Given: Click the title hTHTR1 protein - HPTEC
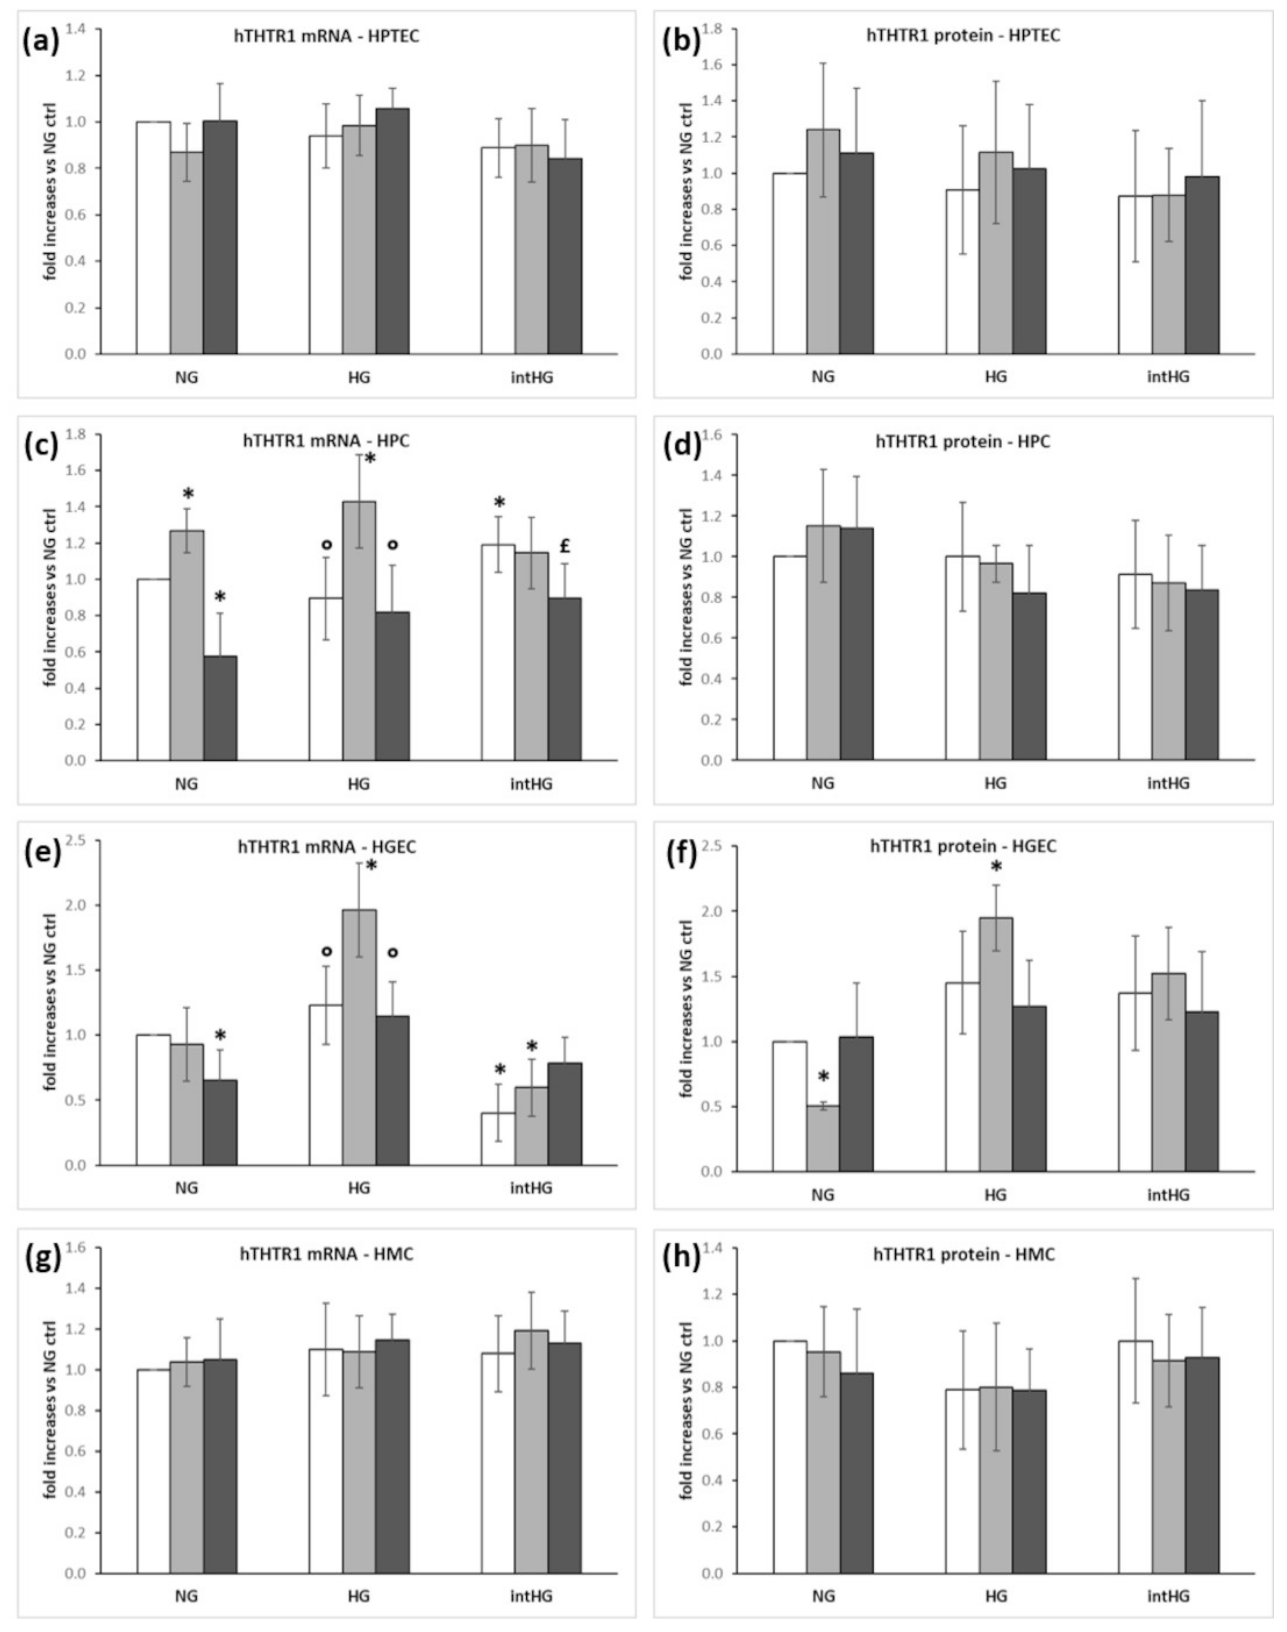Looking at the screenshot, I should click(x=963, y=35).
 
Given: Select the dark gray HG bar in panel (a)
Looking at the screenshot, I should click(x=393, y=231).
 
